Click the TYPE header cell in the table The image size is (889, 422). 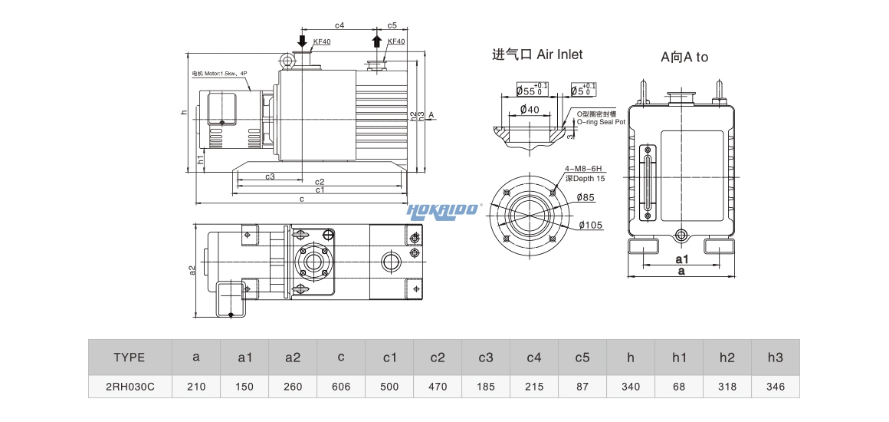(x=129, y=357)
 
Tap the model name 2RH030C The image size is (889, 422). (x=129, y=387)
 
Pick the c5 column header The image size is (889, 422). (x=582, y=357)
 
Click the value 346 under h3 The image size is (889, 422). (x=775, y=387)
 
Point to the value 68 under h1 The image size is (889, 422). (x=678, y=387)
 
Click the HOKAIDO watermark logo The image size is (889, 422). (x=442, y=209)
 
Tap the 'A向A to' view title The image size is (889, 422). (x=684, y=57)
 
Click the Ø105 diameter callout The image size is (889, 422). (x=591, y=225)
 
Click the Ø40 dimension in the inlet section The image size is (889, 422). (x=530, y=110)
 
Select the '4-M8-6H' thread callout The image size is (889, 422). (x=584, y=169)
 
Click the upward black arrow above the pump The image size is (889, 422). (x=376, y=41)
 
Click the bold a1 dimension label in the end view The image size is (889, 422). (x=681, y=259)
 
